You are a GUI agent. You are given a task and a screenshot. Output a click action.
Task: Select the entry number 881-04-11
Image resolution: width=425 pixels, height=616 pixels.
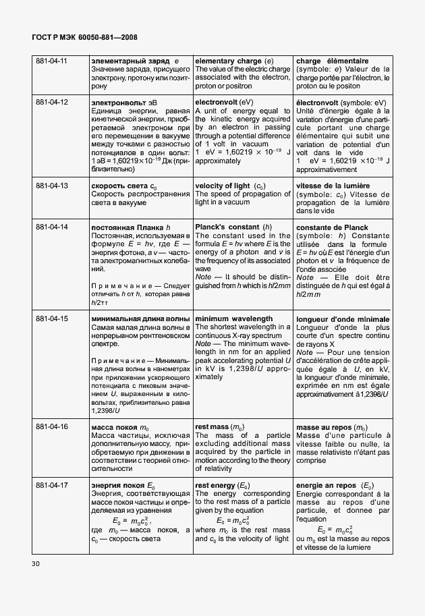pyautogui.click(x=52, y=62)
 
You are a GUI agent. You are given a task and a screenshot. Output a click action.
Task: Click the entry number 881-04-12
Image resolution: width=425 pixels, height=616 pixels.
pyautogui.click(x=52, y=102)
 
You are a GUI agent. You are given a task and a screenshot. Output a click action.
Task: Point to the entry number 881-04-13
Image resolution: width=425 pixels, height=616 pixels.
pyautogui.click(x=52, y=186)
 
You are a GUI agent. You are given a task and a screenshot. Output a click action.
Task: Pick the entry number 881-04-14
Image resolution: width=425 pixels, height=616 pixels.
pyautogui.click(x=52, y=227)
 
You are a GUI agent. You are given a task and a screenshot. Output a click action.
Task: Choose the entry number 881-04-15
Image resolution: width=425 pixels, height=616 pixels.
pyautogui.click(x=52, y=318)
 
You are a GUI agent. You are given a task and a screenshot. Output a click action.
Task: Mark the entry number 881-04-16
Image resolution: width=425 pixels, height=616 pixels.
pyautogui.click(x=52, y=427)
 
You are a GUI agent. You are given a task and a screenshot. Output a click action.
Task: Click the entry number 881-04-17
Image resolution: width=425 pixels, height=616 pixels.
pyautogui.click(x=52, y=486)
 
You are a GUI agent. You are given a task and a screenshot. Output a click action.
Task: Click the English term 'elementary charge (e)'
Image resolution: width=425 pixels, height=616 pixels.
pyautogui.click(x=234, y=62)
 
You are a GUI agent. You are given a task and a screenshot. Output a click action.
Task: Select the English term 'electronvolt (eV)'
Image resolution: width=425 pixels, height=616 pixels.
pyautogui.click(x=223, y=102)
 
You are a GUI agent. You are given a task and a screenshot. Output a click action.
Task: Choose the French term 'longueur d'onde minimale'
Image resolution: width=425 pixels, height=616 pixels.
pyautogui.click(x=343, y=318)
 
